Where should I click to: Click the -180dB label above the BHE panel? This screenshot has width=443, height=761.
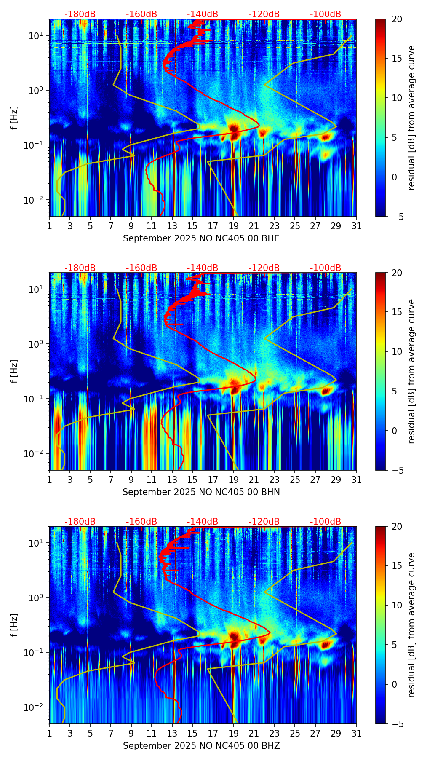[x=80, y=14]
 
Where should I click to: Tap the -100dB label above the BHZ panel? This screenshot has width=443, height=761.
[x=326, y=522]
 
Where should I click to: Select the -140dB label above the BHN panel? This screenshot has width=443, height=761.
[x=203, y=268]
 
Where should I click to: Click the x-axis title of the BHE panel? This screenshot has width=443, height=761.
[x=201, y=238]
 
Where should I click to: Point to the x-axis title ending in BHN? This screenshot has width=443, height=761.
[x=201, y=492]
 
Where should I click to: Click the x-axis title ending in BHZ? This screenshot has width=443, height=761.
[x=201, y=746]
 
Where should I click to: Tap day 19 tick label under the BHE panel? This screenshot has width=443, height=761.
[x=234, y=226]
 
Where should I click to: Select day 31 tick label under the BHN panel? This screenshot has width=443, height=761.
[x=356, y=480]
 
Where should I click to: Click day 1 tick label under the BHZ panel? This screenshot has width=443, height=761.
[x=50, y=734]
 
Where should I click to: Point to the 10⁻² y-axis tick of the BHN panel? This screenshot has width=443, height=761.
[x=35, y=454]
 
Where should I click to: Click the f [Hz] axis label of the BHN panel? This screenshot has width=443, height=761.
[x=15, y=371]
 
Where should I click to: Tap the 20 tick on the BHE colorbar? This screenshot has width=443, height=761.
[x=397, y=19]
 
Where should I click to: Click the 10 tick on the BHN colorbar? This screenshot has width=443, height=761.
[x=397, y=351]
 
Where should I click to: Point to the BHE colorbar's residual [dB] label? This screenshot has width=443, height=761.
[x=411, y=118]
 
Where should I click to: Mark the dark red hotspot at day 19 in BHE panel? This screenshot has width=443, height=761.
[x=234, y=128]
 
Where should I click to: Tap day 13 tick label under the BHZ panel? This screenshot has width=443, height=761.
[x=172, y=734]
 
